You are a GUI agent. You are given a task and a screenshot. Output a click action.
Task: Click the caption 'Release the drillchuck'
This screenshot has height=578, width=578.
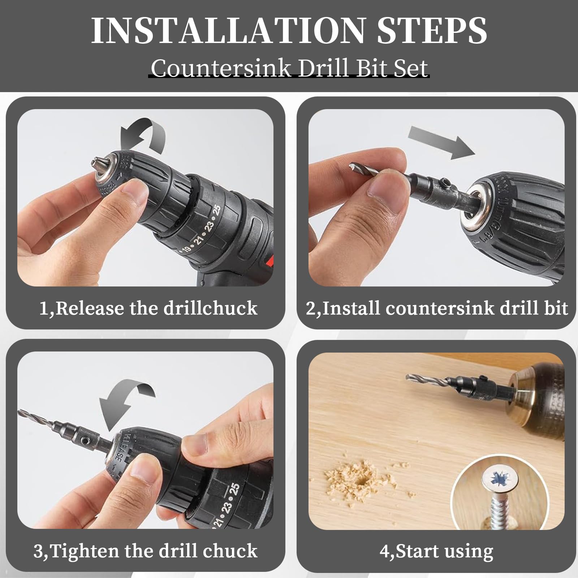(156, 308)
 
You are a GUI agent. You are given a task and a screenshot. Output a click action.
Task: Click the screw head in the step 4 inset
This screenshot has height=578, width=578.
(501, 480)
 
